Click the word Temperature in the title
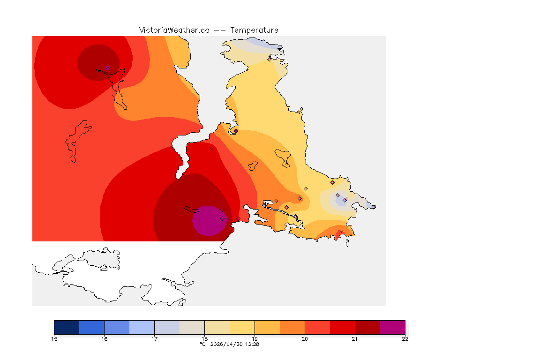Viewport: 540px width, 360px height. click(x=255, y=30)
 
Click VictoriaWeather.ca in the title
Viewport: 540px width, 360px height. click(x=174, y=30)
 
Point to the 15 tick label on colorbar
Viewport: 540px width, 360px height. click(x=54, y=339)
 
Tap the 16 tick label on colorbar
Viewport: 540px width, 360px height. click(x=104, y=339)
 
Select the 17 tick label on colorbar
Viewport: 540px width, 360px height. click(x=154, y=339)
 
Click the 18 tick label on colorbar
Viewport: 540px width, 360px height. click(x=204, y=339)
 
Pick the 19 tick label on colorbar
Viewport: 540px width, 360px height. click(x=255, y=339)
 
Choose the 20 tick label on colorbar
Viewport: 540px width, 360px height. click(x=305, y=339)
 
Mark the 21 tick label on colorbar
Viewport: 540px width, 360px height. click(x=355, y=339)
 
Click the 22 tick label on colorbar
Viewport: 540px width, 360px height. click(x=405, y=339)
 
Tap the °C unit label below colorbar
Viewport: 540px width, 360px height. click(x=202, y=344)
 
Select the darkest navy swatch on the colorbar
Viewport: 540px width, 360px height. click(x=67, y=327)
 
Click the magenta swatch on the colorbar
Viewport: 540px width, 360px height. click(x=392, y=327)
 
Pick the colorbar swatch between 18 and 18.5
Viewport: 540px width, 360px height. click(x=217, y=327)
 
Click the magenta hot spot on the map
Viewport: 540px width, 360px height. click(x=208, y=221)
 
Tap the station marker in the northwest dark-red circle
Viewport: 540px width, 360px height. click(x=108, y=68)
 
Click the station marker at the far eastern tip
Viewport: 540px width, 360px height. click(x=374, y=207)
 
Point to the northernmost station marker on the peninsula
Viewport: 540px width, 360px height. click(x=269, y=59)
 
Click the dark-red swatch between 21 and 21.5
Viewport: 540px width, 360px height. click(x=367, y=327)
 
